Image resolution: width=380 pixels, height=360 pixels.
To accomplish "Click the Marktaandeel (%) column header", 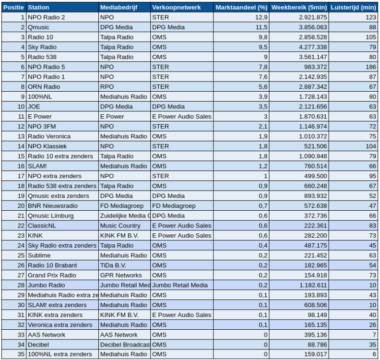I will pos(241,8).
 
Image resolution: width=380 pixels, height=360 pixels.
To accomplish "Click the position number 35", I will pos(21,354).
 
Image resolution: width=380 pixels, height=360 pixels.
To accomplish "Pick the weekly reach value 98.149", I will pos(312,314).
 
